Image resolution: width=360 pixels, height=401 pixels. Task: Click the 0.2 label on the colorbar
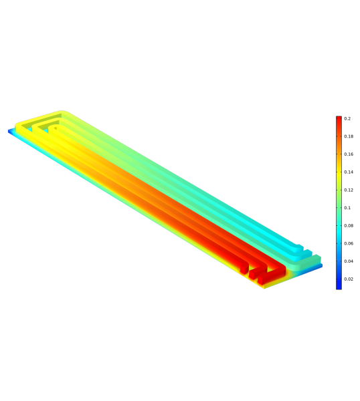pyautogui.click(x=348, y=118)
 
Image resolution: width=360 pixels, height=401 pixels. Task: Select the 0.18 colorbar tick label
pyautogui.click(x=349, y=136)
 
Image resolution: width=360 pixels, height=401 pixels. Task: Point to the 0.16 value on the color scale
pyautogui.click(x=349, y=154)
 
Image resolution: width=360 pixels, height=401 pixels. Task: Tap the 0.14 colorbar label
pyautogui.click(x=349, y=172)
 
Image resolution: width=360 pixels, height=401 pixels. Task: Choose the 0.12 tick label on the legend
pyautogui.click(x=349, y=190)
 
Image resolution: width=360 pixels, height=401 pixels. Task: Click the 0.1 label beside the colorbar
pyautogui.click(x=347, y=208)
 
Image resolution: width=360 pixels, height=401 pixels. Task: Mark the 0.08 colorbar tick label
pyautogui.click(x=349, y=226)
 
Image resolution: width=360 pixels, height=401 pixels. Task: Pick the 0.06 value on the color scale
pyautogui.click(x=349, y=243)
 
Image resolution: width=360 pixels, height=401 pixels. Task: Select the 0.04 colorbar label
pyautogui.click(x=349, y=261)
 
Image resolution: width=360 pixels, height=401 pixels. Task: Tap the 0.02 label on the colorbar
pyautogui.click(x=349, y=279)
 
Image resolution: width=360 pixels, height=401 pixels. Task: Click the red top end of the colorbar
pyautogui.click(x=339, y=118)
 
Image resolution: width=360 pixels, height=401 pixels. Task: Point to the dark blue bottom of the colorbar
pyautogui.click(x=339, y=286)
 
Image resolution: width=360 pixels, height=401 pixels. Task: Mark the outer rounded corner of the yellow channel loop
pyautogui.click(x=61, y=114)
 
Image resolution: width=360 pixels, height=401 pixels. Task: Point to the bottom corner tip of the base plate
pyautogui.click(x=264, y=287)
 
